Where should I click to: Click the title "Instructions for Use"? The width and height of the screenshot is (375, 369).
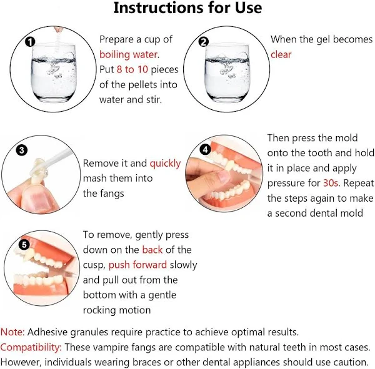tap(187, 8)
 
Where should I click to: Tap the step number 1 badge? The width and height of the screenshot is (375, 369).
tap(30, 42)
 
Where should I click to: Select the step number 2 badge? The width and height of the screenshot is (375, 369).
tap(204, 42)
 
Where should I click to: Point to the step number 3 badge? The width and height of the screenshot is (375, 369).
tap(22, 150)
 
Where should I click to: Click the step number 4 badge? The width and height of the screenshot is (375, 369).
tap(206, 150)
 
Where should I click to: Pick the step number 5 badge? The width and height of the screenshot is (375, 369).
tap(24, 245)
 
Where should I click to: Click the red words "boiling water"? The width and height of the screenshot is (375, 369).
tap(128, 55)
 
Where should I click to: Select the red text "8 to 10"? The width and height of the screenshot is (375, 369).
tap(132, 69)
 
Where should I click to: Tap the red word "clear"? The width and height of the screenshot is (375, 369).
tap(281, 54)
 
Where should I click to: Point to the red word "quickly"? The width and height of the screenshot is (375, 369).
tap(165, 164)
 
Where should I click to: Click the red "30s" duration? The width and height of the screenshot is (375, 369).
tap(331, 183)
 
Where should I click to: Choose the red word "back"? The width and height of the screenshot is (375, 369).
tap(152, 250)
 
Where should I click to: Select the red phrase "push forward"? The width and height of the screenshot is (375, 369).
tap(137, 265)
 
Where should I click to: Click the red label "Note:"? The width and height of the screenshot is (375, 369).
tap(12, 332)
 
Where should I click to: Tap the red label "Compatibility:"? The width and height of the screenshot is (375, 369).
tap(31, 348)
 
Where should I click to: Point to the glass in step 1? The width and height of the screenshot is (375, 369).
tap(54, 72)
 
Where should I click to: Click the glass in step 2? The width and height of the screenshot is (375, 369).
tap(227, 72)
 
